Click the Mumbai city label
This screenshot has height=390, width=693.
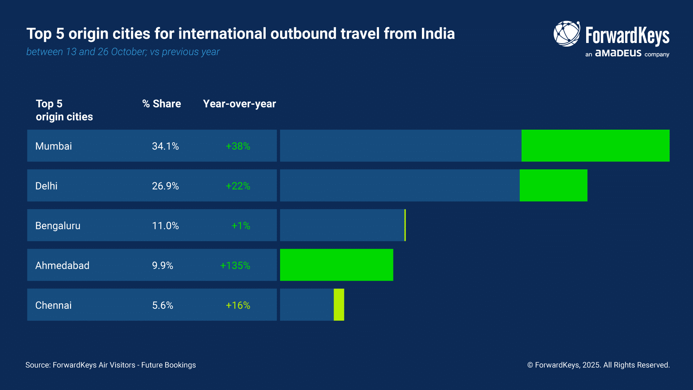click(53, 146)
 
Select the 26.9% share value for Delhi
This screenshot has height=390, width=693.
click(165, 186)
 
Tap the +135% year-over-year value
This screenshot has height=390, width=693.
click(235, 265)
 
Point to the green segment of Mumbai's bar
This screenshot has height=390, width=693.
click(595, 146)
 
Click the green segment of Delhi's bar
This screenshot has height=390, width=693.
click(553, 185)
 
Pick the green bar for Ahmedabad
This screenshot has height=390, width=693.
click(336, 265)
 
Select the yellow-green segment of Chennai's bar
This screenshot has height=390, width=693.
click(339, 304)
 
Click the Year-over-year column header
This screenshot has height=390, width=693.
click(239, 104)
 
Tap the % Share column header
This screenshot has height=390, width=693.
click(161, 104)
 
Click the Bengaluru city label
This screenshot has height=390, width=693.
click(58, 226)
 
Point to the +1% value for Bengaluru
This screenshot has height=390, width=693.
click(241, 226)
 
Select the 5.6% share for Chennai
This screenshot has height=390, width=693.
click(162, 305)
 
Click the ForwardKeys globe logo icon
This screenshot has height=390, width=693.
click(567, 34)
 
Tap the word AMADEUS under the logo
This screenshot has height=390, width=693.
click(618, 53)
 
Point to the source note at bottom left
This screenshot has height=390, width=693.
click(110, 365)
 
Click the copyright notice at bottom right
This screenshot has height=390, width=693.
click(598, 365)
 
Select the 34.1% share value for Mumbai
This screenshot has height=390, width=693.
click(165, 146)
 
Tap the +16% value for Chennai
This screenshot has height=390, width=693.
click(238, 305)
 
